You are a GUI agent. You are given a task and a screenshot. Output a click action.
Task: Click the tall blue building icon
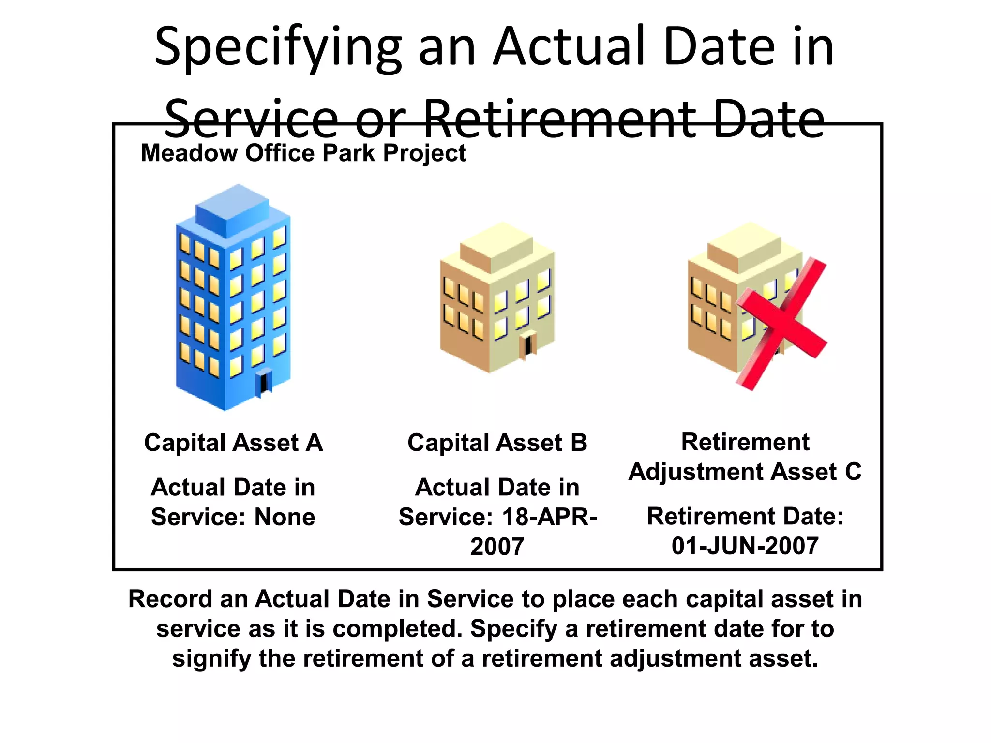tap(233, 300)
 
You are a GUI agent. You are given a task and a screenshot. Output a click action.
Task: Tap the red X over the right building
tap(781, 323)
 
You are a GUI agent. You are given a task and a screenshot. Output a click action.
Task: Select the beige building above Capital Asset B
tap(497, 297)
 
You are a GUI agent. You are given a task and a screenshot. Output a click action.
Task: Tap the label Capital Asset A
tap(233, 443)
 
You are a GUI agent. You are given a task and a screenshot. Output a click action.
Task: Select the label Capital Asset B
tap(497, 443)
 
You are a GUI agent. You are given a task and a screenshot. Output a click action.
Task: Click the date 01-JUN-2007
tap(745, 546)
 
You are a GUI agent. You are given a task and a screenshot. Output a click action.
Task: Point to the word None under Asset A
tap(285, 517)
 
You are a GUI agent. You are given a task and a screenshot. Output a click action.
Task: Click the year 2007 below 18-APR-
tap(497, 547)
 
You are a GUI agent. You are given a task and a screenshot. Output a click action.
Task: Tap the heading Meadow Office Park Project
tap(303, 153)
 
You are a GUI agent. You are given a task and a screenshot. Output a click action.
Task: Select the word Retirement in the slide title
tap(559, 119)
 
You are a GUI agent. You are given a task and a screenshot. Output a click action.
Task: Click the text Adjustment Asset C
tap(745, 472)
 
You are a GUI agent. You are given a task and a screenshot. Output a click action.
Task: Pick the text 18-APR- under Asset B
tap(549, 517)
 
